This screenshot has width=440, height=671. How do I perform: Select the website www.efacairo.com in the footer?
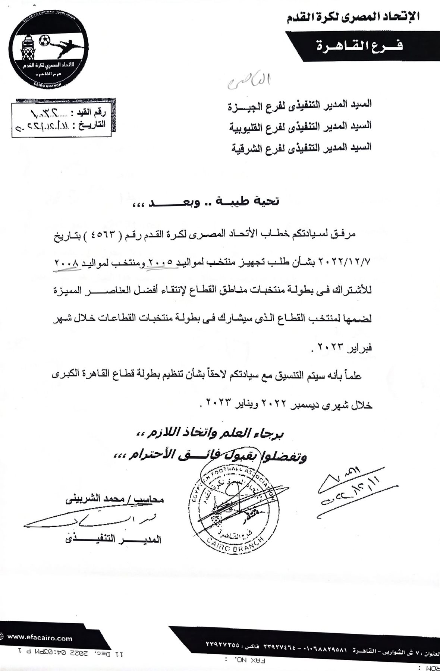tap(39, 638)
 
